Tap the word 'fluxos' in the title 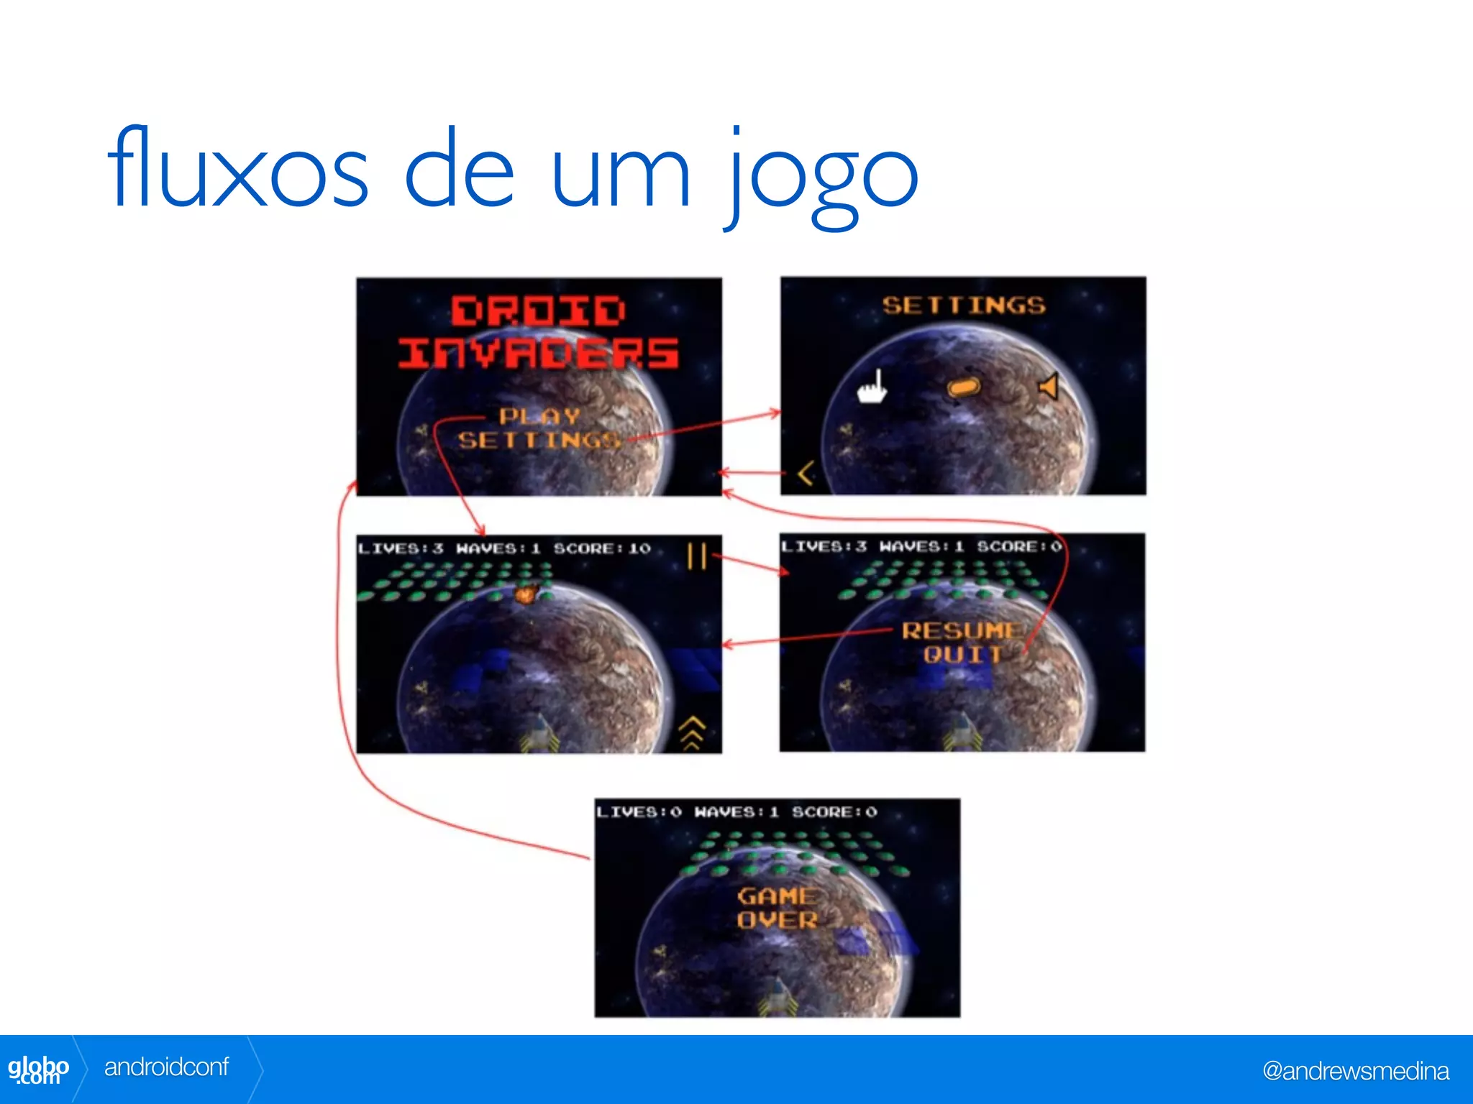[238, 170]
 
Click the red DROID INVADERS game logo [538, 331]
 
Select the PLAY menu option [539, 416]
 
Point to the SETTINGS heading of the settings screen [964, 305]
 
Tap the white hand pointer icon [872, 387]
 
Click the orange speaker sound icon [1049, 387]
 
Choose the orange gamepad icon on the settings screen [964, 387]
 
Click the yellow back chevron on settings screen [806, 473]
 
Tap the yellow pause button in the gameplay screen [697, 556]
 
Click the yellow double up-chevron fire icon [692, 732]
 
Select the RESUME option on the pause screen [961, 630]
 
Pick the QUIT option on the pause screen [962, 655]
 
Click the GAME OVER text [777, 908]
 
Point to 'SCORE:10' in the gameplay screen [602, 548]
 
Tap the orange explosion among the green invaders [526, 594]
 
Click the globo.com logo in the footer [39, 1069]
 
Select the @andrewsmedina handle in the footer [1355, 1071]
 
